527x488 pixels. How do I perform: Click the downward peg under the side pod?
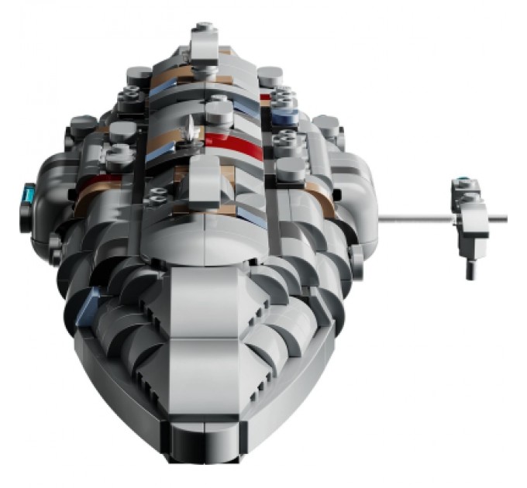tap(471, 268)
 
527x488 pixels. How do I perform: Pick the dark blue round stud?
tap(284, 117)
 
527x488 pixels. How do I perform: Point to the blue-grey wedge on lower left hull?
tap(95, 299)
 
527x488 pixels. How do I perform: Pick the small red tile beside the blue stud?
tap(265, 98)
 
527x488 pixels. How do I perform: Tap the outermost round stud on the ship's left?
tap(84, 124)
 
